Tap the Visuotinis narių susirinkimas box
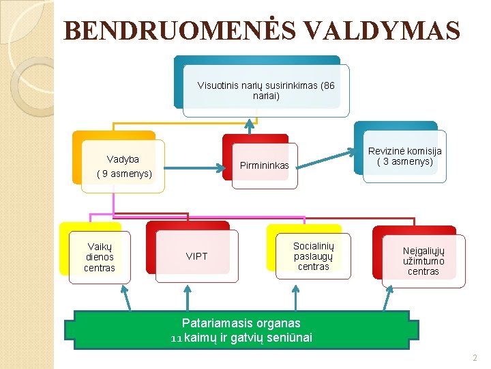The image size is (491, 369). pos(266,90)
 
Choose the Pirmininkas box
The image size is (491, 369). pos(265,165)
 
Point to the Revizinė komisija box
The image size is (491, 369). pos(405,156)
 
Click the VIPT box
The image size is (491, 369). pos(197,256)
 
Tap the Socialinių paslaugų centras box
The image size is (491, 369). pos(313,256)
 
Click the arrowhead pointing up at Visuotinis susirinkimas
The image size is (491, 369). pos(250,125)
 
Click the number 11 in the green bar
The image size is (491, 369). pos(177,338)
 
